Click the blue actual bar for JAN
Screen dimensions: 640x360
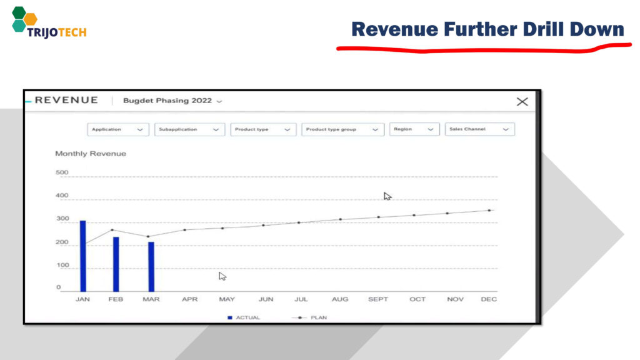(83, 256)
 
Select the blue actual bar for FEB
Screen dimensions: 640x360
(116, 264)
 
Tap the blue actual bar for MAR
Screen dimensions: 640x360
(151, 267)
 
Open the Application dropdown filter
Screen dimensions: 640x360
(118, 129)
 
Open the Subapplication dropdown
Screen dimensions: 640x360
(189, 129)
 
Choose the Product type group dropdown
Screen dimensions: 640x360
(342, 129)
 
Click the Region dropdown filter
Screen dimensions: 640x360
(414, 129)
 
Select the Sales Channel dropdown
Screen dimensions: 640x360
(479, 129)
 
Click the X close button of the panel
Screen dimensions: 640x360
(522, 102)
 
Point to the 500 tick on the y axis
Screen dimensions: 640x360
(62, 172)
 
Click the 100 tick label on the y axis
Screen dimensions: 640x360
(62, 265)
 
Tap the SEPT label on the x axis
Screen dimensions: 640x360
(378, 299)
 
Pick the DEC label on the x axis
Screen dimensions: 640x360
(489, 299)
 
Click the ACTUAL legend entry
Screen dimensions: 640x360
(244, 317)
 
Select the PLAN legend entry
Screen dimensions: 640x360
(309, 317)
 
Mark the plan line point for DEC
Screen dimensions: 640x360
(489, 211)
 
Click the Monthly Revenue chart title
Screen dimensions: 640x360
(91, 154)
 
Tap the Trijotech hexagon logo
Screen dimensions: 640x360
(24, 19)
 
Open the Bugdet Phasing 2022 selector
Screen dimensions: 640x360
(172, 101)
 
